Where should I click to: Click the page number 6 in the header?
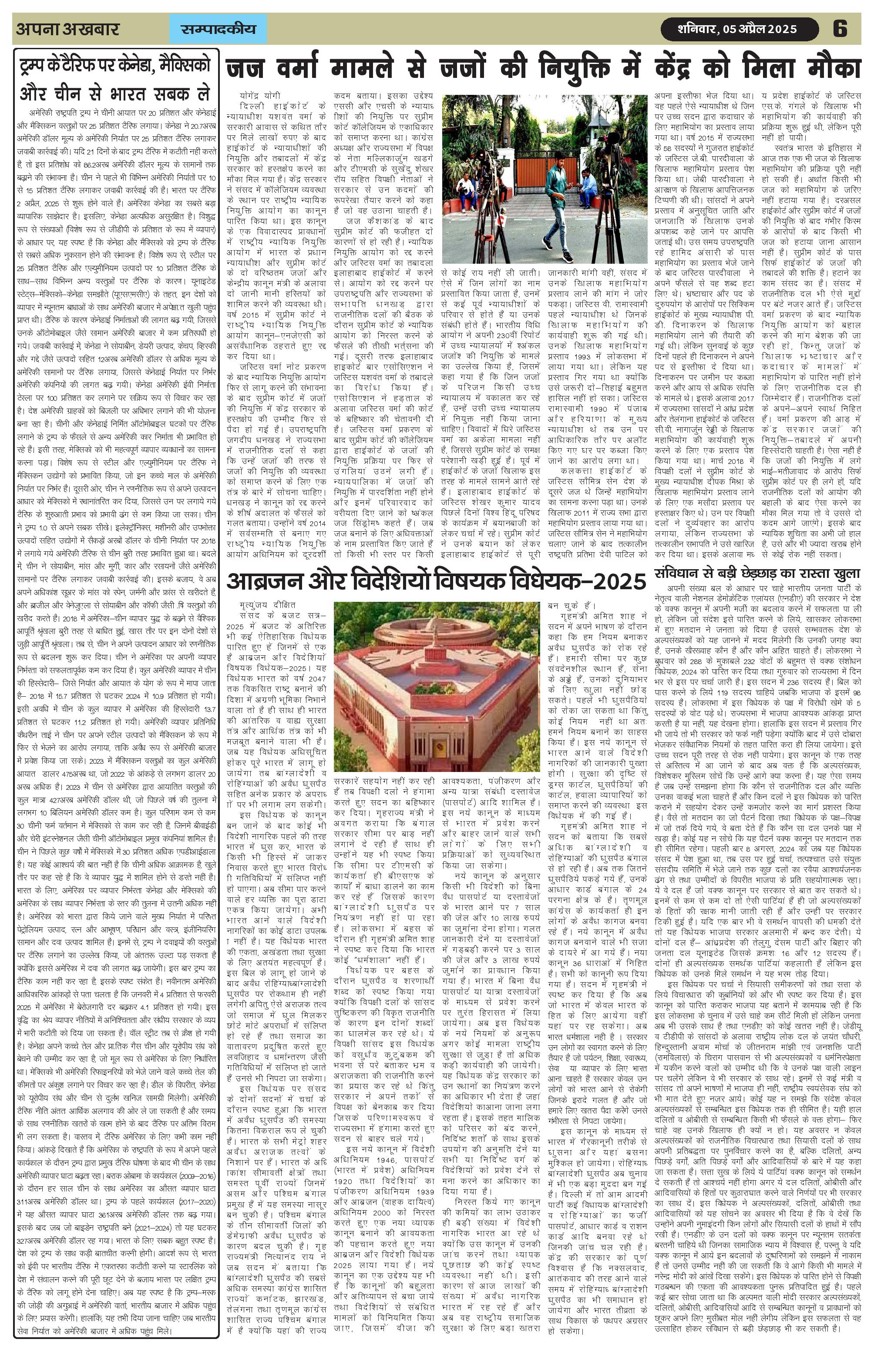pyautogui.click(x=840, y=29)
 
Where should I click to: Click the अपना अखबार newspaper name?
pyautogui.click(x=67, y=29)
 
